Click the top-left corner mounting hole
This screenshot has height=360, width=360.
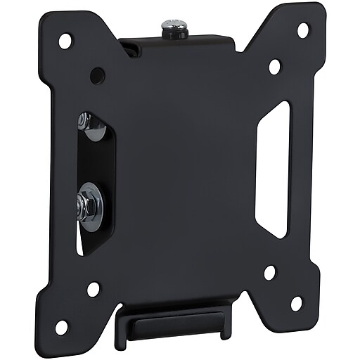point(65,41)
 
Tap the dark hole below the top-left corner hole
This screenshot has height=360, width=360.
point(97,74)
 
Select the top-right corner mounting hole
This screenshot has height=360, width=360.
point(303,31)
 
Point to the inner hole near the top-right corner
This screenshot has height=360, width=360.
point(275,67)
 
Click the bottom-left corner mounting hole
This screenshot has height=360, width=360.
point(62,326)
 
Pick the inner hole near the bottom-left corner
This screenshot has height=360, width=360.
point(93,288)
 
